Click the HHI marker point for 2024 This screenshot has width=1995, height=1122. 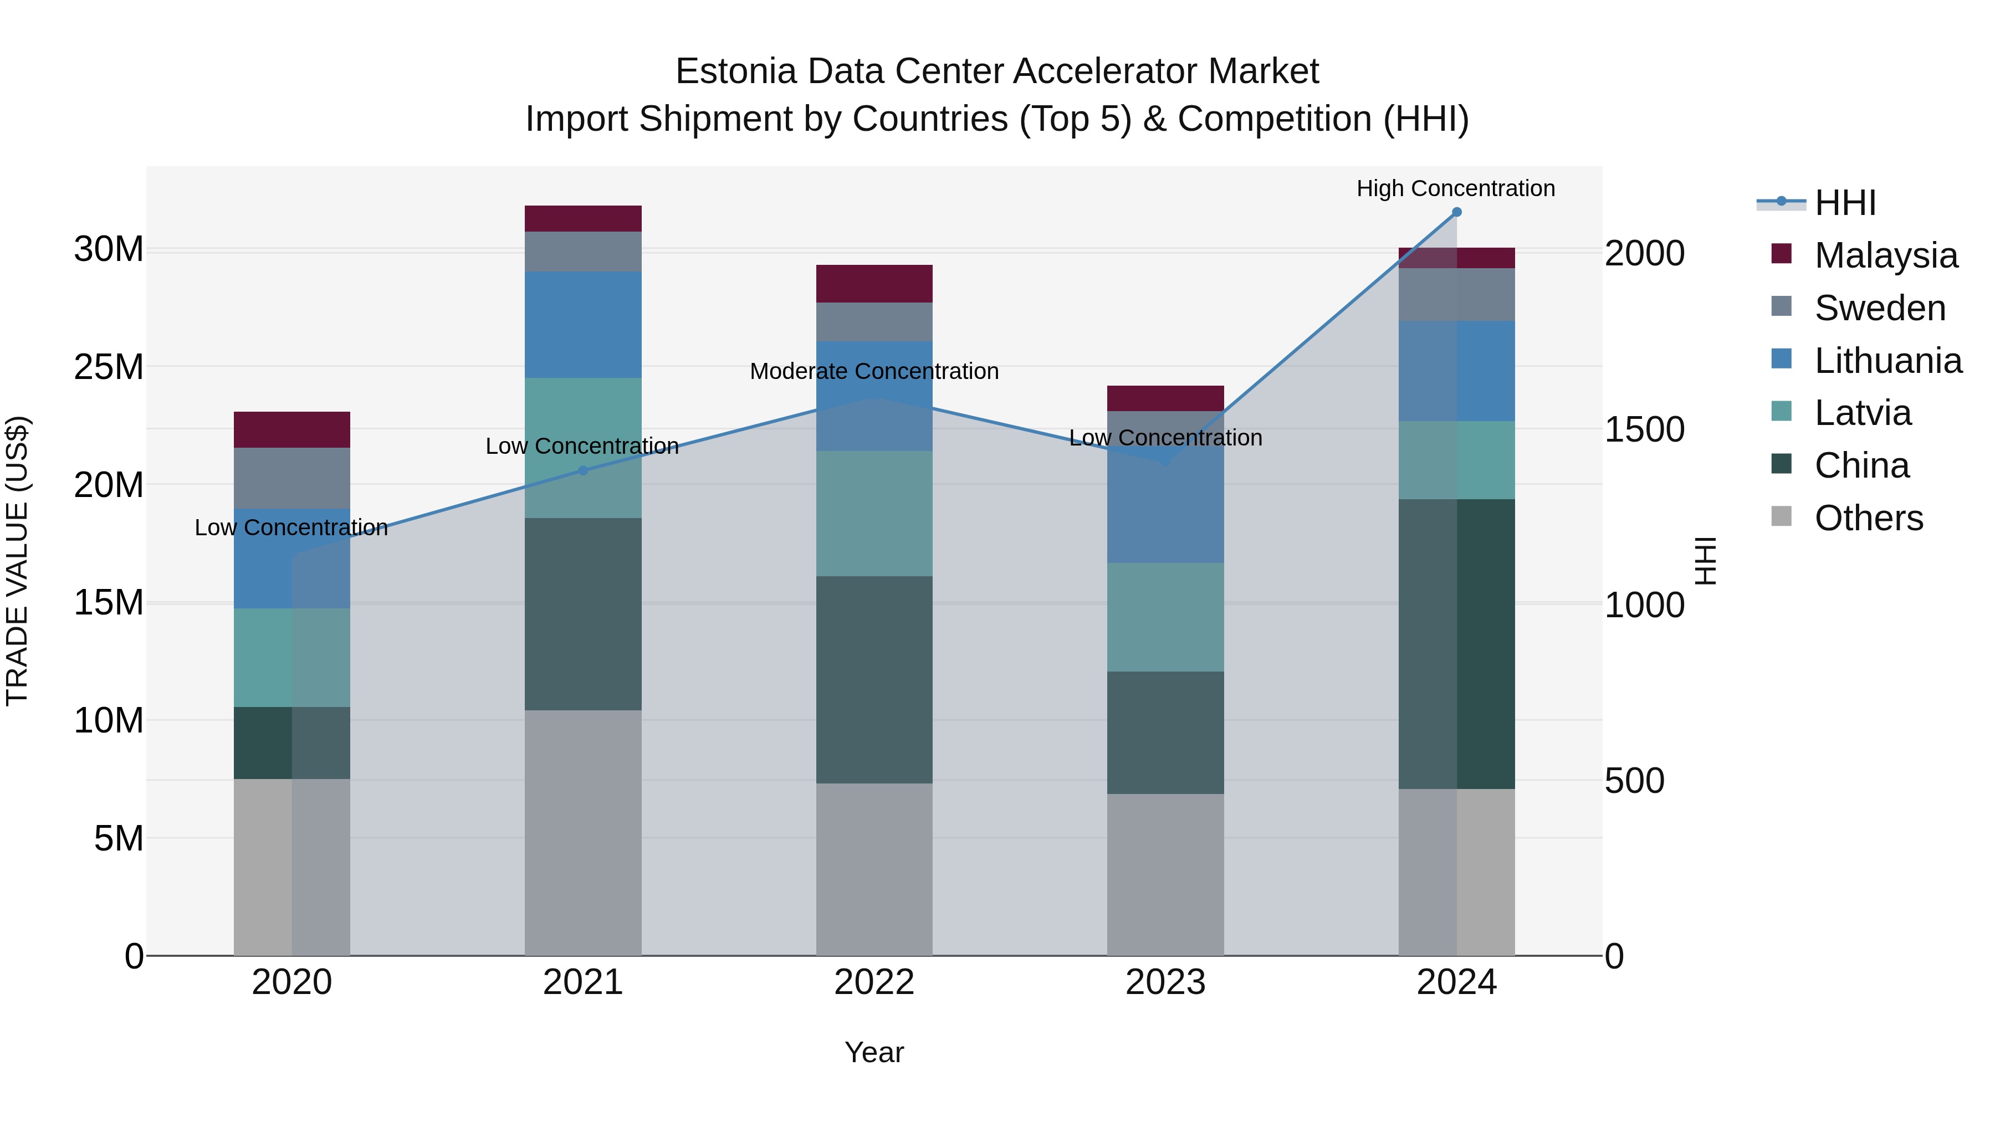click(x=1457, y=212)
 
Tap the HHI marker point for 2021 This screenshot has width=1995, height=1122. click(x=583, y=470)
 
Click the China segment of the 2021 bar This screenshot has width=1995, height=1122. click(x=583, y=613)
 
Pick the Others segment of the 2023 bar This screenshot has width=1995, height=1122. click(x=1165, y=874)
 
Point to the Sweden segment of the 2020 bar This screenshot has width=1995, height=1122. click(x=292, y=478)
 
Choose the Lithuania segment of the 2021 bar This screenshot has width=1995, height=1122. click(x=583, y=325)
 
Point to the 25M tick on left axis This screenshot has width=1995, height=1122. click(x=109, y=367)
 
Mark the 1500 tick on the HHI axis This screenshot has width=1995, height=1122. click(x=1644, y=429)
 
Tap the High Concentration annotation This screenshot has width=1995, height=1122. click(x=1455, y=188)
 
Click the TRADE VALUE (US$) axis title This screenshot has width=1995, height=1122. click(x=17, y=561)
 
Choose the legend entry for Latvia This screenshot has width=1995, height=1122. click(x=1862, y=413)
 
